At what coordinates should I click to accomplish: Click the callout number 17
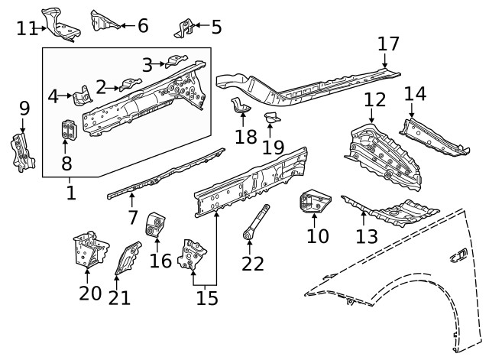389,44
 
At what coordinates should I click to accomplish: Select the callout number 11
27,28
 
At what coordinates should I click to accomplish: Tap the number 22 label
252,264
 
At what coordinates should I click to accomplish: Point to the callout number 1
70,192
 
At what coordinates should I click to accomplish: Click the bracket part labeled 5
183,29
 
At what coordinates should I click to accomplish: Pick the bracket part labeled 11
63,23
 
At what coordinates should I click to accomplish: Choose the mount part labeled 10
313,205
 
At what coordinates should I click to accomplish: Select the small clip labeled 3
176,60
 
